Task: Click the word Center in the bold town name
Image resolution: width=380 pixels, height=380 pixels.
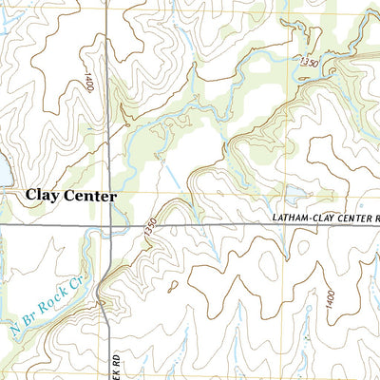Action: pyautogui.click(x=91, y=196)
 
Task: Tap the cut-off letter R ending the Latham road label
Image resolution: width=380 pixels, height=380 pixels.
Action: pyautogui.click(x=376, y=218)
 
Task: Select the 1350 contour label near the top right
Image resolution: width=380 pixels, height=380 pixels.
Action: pyautogui.click(x=306, y=62)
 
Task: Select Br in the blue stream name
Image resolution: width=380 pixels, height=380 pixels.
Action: pyautogui.click(x=29, y=321)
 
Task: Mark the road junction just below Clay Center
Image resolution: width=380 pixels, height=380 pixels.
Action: pyautogui.click(x=110, y=225)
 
